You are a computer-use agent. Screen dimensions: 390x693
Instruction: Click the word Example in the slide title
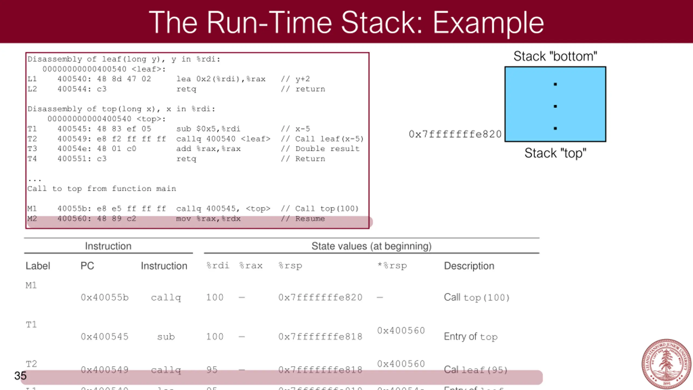488,23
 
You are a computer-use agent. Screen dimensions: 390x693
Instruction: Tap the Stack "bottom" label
555,56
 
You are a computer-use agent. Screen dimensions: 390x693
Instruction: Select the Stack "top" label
555,153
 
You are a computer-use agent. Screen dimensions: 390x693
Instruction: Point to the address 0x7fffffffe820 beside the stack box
455,134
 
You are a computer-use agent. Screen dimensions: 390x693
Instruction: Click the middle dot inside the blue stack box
555,106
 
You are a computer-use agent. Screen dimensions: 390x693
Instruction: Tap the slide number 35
20,376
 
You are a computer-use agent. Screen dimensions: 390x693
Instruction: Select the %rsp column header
290,266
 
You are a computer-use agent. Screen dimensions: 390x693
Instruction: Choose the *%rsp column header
392,266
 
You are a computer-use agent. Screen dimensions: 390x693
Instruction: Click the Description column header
469,266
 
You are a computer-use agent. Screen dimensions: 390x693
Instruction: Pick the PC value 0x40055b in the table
104,297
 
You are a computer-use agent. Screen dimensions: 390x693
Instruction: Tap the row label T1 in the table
31,324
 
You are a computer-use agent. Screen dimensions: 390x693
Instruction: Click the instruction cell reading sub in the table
166,337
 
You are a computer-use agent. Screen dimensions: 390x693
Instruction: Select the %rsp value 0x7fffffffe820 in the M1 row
320,297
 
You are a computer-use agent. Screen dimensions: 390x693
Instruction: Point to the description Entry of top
470,337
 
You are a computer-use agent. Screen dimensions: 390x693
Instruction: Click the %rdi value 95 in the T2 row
212,370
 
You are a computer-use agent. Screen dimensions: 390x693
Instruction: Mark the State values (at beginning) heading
371,246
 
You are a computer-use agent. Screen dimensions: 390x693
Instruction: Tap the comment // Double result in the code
320,149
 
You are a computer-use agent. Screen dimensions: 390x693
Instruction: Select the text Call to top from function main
102,188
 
